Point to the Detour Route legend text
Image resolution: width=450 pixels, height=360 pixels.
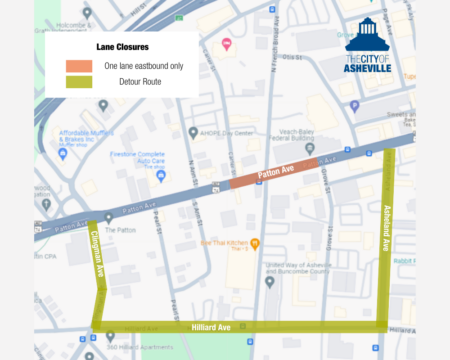coord(138,81)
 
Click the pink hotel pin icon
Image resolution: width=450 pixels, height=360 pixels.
coord(226,43)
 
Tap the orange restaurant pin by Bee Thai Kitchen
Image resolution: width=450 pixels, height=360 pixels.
coord(256,242)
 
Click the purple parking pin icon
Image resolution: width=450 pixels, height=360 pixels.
coord(355,105)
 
